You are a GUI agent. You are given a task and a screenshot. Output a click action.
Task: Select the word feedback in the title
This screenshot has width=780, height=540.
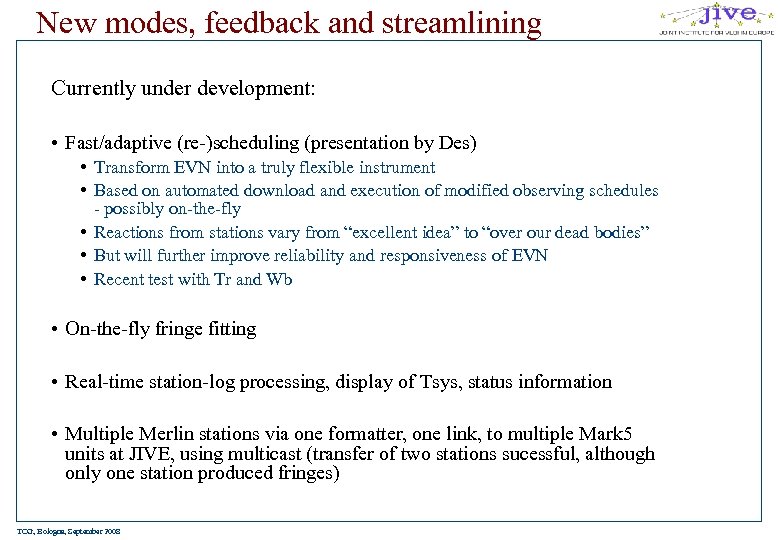coord(267,21)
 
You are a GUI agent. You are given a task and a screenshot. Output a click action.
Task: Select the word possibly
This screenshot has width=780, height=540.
coord(135,209)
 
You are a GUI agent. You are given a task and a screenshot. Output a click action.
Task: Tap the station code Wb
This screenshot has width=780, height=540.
coord(279,280)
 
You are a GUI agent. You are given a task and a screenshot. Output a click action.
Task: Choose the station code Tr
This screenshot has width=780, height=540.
coord(223,280)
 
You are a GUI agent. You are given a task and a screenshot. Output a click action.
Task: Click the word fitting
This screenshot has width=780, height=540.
coord(232,329)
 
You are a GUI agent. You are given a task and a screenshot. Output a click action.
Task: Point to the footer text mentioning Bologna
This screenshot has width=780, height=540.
coord(69,531)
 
